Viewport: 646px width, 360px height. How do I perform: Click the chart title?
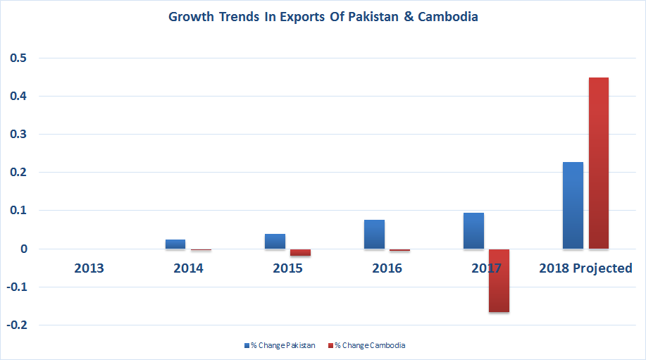click(x=323, y=17)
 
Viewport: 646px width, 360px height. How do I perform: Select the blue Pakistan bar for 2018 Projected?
click(x=573, y=205)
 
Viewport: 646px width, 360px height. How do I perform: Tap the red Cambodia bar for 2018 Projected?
click(x=598, y=163)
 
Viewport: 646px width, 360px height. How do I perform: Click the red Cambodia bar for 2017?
click(x=499, y=280)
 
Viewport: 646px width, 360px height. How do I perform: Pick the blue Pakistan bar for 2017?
click(x=473, y=230)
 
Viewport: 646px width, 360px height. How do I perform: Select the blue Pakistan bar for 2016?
click(x=374, y=234)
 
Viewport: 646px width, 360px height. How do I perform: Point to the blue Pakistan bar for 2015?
click(x=275, y=241)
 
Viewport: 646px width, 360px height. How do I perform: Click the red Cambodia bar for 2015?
click(x=300, y=252)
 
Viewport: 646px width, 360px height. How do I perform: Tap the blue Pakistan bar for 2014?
click(x=175, y=244)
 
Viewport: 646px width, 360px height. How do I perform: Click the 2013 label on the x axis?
click(x=89, y=268)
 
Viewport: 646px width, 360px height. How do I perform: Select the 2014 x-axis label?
click(x=188, y=268)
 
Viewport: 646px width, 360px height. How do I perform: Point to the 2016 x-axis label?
click(x=387, y=268)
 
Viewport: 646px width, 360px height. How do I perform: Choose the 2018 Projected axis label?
click(x=585, y=268)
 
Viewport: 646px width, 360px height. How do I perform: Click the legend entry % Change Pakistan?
click(x=280, y=345)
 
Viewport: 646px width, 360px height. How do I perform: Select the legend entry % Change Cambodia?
click(x=366, y=345)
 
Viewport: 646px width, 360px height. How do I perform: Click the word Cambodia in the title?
click(x=447, y=17)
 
